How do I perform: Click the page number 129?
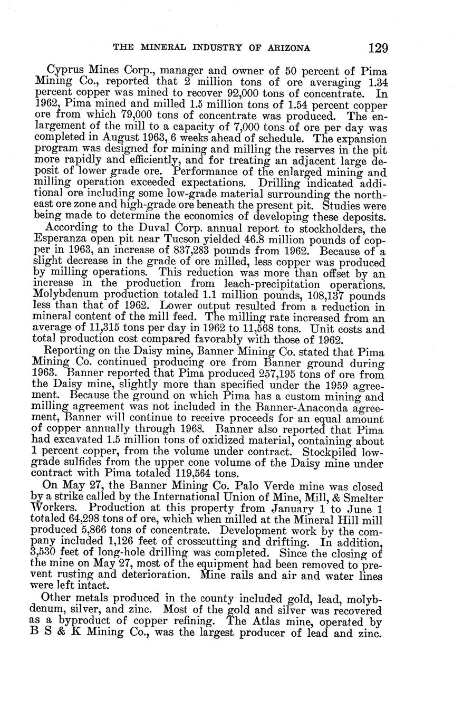(x=378, y=48)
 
